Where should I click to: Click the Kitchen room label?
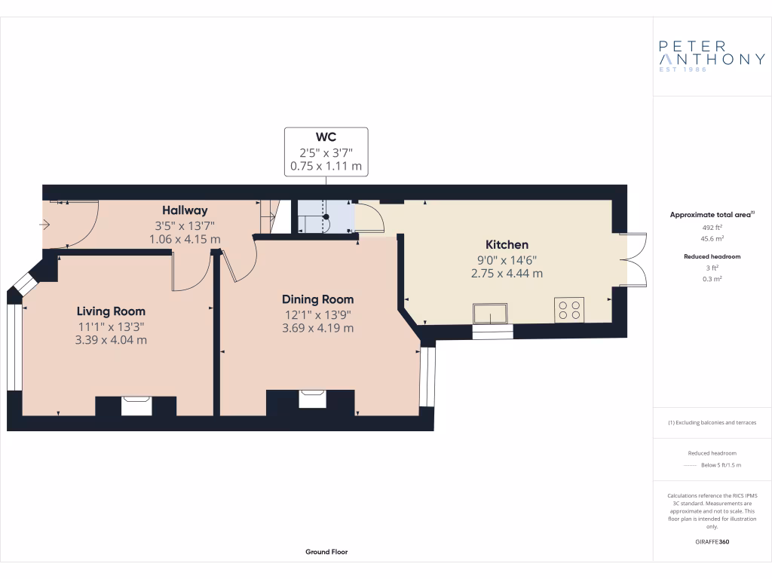[507, 245]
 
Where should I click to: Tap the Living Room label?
[111, 311]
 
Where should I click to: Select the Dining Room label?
[317, 299]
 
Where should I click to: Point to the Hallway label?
[185, 210]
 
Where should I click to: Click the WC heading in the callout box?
[326, 137]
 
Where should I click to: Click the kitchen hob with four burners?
[569, 310]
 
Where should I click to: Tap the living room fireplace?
[136, 406]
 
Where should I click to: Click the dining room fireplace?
[313, 399]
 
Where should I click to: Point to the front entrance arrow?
[44, 224]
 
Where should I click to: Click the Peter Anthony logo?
[712, 55]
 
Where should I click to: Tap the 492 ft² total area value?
[712, 227]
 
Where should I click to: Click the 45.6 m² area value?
[712, 238]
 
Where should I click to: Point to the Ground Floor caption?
[326, 552]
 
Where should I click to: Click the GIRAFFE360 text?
[712, 542]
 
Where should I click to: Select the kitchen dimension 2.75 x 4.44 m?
[507, 274]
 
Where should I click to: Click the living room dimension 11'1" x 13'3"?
[111, 326]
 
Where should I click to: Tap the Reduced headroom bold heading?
[712, 256]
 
